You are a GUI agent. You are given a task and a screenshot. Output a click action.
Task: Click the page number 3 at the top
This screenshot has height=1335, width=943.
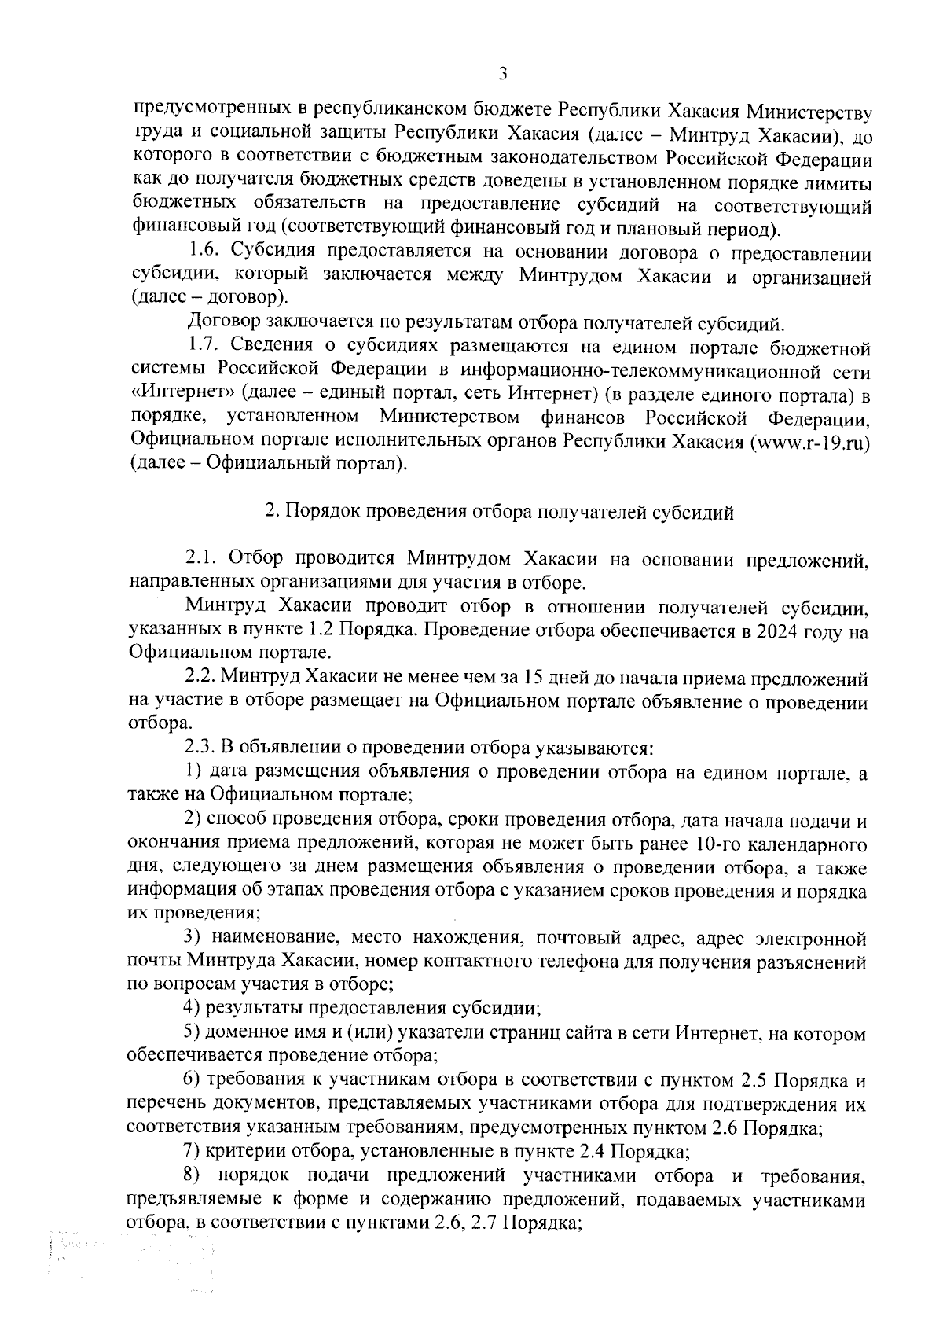[503, 73]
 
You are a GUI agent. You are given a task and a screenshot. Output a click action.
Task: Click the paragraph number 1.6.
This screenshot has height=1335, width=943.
[204, 253]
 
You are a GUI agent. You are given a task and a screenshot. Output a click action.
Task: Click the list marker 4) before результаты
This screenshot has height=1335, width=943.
[193, 1008]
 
